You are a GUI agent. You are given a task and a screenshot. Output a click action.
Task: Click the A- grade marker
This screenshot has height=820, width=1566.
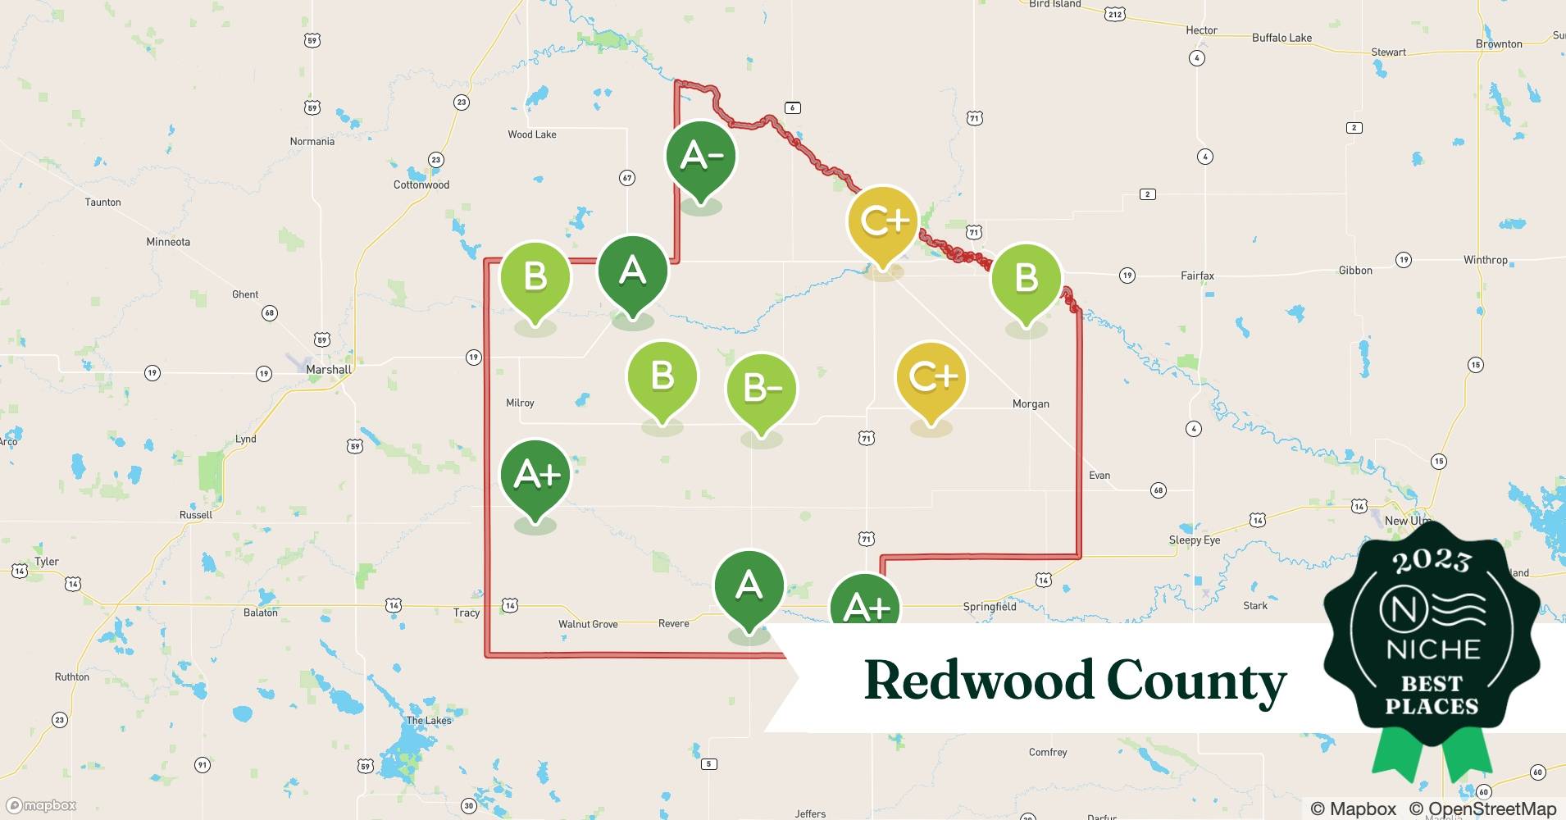point(700,157)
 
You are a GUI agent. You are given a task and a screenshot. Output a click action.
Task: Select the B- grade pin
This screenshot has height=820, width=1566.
point(761,389)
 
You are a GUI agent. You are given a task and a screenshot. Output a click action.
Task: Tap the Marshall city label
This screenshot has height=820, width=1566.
point(328,370)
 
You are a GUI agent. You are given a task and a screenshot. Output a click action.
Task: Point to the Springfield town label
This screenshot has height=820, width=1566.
point(989,607)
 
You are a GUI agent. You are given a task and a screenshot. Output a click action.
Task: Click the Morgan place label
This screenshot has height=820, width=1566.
point(1031,404)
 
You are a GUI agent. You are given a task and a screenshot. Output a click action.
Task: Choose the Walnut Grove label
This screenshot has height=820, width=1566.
point(588,624)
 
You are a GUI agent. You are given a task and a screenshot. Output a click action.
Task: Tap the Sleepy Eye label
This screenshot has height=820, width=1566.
point(1194,540)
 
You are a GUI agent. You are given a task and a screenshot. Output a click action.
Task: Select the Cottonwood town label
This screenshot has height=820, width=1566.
point(421,185)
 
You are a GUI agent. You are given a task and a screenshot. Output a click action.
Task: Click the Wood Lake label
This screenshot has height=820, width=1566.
point(531,134)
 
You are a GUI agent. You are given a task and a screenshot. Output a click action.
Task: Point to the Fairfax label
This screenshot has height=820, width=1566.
point(1197,276)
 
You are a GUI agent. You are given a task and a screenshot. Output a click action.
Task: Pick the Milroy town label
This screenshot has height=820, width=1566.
point(520,403)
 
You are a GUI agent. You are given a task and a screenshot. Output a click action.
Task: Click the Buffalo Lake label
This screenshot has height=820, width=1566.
point(1281,38)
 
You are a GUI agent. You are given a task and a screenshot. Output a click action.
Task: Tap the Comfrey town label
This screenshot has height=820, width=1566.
point(1048,753)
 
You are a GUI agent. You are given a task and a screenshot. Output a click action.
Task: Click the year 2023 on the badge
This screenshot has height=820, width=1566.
point(1432,561)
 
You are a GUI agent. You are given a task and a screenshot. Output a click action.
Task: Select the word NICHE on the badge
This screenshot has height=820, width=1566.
point(1432,650)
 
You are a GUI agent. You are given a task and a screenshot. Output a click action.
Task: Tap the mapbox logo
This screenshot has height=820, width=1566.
point(41,805)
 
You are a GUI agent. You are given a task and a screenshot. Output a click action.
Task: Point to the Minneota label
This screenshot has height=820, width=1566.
point(168,242)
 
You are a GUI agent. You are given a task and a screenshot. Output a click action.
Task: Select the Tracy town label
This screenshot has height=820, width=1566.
point(467,613)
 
